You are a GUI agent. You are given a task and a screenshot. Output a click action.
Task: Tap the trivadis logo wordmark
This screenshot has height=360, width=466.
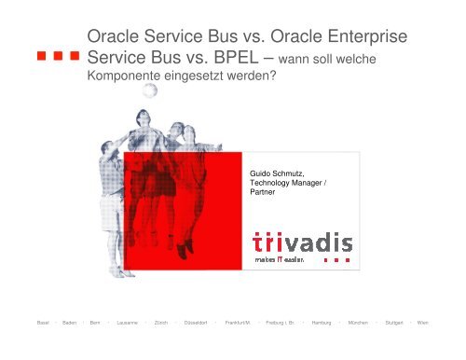[302, 243]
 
